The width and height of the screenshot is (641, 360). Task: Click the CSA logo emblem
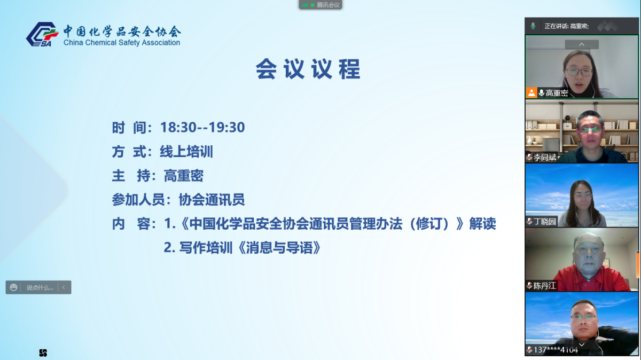point(42,34)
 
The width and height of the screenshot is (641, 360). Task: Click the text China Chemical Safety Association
point(122,43)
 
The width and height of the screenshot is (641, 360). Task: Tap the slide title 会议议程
point(308,69)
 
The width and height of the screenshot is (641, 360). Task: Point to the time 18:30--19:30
point(202,127)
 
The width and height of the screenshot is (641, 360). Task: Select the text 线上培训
point(186,152)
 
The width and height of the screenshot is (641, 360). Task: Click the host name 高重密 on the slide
point(184,176)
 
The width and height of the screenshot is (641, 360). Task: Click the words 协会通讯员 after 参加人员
point(212,200)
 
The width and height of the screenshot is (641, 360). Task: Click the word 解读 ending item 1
point(483,224)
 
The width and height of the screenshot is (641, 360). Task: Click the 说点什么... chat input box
point(40,287)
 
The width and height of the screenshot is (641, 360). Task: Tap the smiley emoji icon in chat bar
point(14,287)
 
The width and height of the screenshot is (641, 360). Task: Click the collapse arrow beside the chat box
point(64,287)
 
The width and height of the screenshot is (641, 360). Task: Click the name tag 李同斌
point(545,158)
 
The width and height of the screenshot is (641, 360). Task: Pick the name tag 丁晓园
point(545,222)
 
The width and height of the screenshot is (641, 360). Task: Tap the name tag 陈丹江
point(545,286)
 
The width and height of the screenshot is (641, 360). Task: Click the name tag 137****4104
point(556,350)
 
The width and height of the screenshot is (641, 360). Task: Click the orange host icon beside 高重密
point(531,92)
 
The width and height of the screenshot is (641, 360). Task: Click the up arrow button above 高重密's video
point(582,44)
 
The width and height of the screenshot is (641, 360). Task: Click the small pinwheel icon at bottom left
point(43,353)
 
